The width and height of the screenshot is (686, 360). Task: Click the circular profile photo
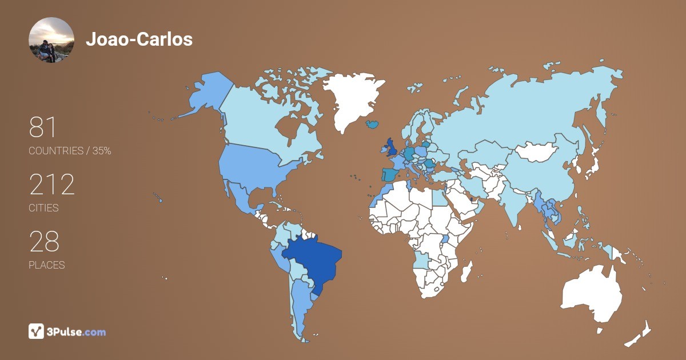point(51,40)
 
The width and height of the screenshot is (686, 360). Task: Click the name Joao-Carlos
point(139,39)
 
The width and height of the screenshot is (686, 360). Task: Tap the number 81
point(43,128)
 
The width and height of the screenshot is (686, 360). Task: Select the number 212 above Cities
point(52,185)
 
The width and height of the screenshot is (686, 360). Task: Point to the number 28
point(44,242)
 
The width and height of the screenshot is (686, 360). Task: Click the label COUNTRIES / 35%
point(70,151)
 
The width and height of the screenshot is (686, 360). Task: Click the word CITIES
point(43,208)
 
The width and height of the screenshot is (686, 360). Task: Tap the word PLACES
point(46,265)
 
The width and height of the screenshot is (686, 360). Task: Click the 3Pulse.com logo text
point(76,331)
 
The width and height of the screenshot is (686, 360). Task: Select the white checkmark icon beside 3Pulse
point(36,331)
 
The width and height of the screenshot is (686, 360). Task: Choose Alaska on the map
point(206,94)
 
